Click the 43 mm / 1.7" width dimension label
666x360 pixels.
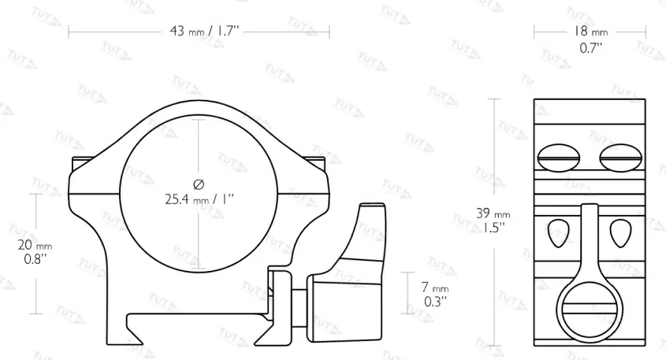(x=204, y=31)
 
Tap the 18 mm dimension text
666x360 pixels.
(x=591, y=31)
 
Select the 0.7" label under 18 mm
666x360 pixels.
(x=591, y=48)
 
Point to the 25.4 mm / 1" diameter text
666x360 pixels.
(x=199, y=199)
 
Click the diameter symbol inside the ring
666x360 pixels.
(x=199, y=184)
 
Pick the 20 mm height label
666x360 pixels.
(x=35, y=245)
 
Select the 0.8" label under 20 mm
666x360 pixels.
(x=35, y=259)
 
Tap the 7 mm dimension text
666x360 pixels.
(x=435, y=288)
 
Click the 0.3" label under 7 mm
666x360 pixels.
(x=435, y=302)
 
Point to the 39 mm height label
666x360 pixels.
(x=493, y=213)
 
